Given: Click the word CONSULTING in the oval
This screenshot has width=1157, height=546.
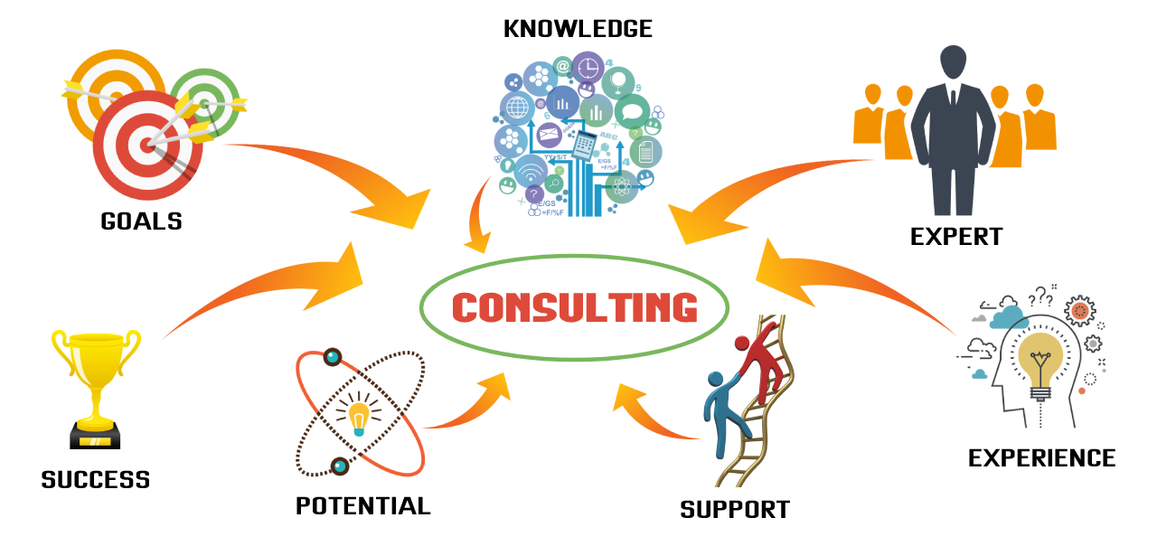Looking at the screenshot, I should pos(575,308).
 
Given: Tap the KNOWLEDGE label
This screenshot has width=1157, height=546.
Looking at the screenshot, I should pos(578,29).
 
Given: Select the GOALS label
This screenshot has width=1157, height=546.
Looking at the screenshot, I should pos(142,221).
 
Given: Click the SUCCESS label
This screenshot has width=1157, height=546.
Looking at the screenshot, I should pos(96,479).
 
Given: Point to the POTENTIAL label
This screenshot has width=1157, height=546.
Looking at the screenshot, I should pos(363,506).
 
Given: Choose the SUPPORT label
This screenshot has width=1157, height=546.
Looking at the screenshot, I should pos(735,510).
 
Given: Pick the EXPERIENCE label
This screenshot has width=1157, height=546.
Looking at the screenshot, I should pos(1041,458).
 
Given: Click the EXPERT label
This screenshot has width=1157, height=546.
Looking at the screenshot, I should pos(956,237).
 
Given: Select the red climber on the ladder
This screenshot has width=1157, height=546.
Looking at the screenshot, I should pos(762,362).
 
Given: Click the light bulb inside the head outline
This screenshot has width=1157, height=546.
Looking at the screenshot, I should pos(1040,362).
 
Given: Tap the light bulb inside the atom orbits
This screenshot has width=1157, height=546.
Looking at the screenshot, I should pos(359,418).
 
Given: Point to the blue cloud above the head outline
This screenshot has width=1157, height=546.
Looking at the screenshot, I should pos(1009,316).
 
